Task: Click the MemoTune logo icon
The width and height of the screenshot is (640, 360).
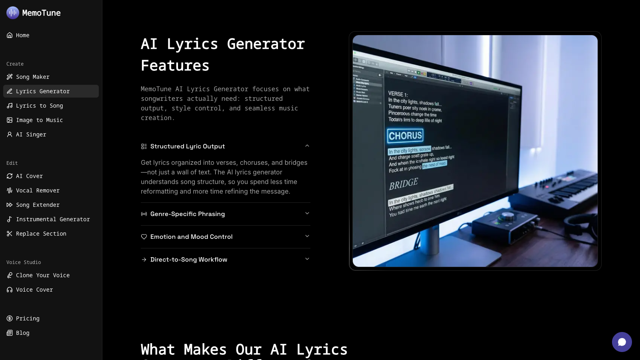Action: click(13, 13)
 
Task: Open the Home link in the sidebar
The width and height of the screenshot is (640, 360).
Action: click(22, 35)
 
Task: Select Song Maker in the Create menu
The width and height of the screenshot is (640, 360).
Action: click(32, 77)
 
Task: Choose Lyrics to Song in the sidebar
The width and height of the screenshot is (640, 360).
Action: click(39, 106)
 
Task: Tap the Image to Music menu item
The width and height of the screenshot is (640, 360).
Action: click(39, 120)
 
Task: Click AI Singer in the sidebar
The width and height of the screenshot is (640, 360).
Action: click(31, 134)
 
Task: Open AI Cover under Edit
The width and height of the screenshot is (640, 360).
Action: click(29, 176)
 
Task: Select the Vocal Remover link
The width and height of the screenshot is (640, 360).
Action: click(38, 190)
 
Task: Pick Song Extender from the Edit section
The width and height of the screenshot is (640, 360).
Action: click(38, 205)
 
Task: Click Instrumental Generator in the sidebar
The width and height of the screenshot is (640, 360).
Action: click(53, 219)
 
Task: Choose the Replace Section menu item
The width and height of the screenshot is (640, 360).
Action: click(41, 234)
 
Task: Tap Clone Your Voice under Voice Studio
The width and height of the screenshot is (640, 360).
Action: click(42, 275)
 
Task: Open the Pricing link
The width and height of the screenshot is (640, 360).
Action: click(28, 318)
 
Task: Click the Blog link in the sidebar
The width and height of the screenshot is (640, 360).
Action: click(22, 333)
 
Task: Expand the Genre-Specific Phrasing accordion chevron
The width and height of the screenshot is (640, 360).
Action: click(307, 214)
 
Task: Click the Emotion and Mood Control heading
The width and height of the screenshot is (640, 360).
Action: click(191, 237)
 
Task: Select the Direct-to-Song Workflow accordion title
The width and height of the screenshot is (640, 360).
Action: click(188, 260)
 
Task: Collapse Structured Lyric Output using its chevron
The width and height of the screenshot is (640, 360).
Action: click(307, 146)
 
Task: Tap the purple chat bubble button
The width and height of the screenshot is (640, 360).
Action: click(622, 342)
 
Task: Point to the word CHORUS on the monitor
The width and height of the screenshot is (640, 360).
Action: click(405, 136)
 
